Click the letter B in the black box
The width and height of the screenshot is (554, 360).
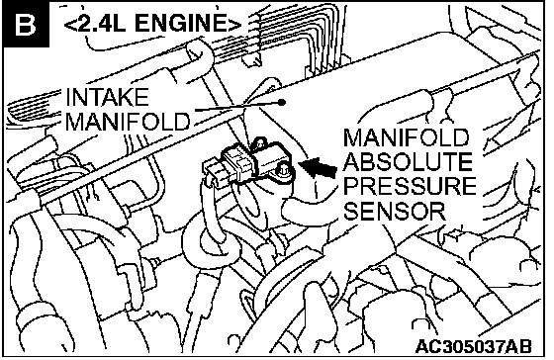coord(26,25)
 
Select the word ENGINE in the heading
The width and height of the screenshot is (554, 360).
coord(179,24)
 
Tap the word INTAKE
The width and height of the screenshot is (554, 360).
coord(107,97)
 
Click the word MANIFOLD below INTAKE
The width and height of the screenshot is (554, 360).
coord(128,122)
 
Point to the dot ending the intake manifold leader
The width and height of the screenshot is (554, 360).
coord(282,103)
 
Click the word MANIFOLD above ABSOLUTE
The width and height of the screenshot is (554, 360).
coord(406,137)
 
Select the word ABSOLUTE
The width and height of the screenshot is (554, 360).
coord(408,162)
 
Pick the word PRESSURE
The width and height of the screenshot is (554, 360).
coord(410,186)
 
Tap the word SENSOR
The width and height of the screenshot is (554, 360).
coord(395,211)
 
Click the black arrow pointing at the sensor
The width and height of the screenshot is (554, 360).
coord(318,167)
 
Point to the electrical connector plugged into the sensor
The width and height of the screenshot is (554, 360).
coord(230,166)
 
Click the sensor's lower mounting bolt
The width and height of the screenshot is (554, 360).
coord(283,169)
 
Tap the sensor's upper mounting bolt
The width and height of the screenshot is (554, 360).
coord(260,143)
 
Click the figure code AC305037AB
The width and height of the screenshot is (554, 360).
coord(474,346)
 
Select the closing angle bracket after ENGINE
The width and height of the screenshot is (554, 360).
coord(233,24)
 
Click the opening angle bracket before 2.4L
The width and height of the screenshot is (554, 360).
coord(69,25)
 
